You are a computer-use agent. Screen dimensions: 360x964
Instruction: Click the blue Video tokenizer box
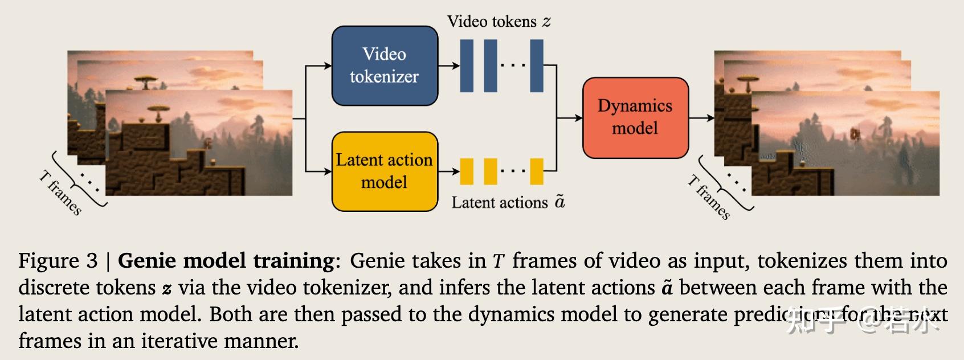click(x=385, y=66)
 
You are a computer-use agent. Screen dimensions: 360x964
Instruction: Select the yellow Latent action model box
click(x=385, y=171)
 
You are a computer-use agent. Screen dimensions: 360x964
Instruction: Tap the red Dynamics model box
click(x=635, y=117)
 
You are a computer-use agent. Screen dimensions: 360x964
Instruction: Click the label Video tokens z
click(x=499, y=22)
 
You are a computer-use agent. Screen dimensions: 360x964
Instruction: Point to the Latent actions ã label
click(x=508, y=202)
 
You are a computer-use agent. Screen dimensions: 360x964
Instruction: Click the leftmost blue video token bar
click(x=467, y=66)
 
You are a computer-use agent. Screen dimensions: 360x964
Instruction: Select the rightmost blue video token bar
click(x=536, y=66)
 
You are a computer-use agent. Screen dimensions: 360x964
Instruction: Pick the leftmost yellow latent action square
click(x=467, y=171)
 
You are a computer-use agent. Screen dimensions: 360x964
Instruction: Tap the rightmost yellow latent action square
click(x=536, y=171)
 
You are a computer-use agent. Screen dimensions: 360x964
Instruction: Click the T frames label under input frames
click(x=60, y=193)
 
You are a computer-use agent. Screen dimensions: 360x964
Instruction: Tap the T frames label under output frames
click(x=708, y=197)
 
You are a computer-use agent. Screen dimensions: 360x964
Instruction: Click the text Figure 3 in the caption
click(x=58, y=261)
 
